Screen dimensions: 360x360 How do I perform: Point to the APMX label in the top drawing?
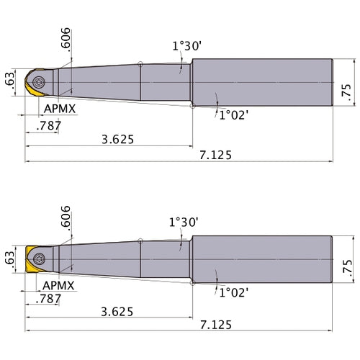click(58, 108)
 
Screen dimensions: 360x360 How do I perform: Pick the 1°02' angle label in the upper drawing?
click(235, 114)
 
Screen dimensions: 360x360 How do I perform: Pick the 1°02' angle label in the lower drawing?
click(235, 292)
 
